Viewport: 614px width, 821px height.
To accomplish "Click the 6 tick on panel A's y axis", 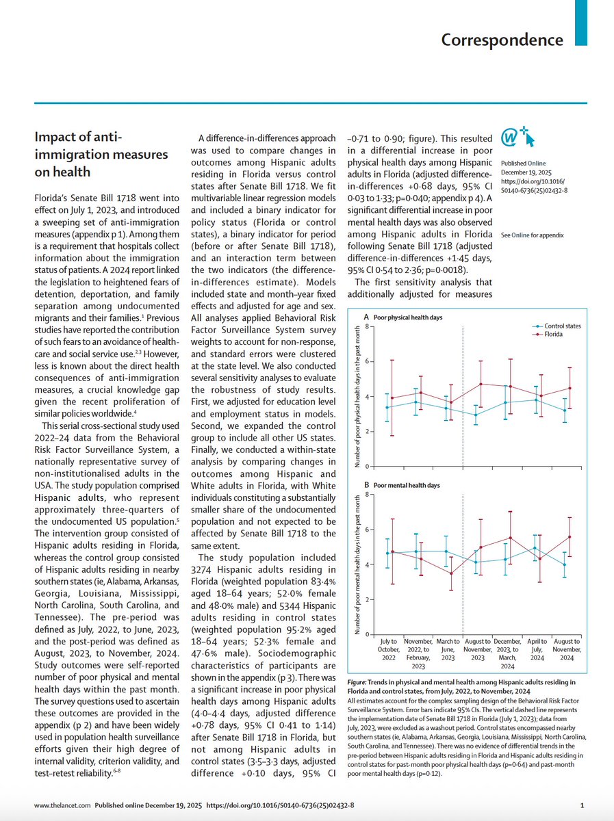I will point(367,361).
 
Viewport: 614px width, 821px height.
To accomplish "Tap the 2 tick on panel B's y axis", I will point(367,599).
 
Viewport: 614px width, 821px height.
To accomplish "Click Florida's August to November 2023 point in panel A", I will point(482,384).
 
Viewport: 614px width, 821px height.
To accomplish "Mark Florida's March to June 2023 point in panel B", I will point(451,573).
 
